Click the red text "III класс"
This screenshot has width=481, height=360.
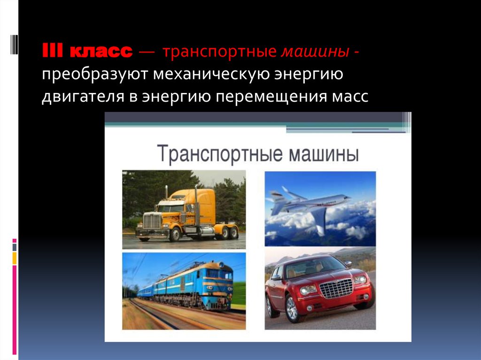(x=87, y=51)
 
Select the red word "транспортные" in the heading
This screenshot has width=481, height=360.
(x=220, y=52)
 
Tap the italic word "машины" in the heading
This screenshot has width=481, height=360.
(x=315, y=51)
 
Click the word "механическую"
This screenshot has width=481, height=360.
(x=211, y=75)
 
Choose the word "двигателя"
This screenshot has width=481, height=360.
(x=83, y=97)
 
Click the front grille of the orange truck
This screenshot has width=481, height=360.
(x=152, y=221)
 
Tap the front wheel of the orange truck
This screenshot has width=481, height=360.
(x=175, y=234)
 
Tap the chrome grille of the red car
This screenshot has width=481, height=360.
(x=336, y=288)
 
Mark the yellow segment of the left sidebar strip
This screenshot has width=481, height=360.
(x=15, y=258)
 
